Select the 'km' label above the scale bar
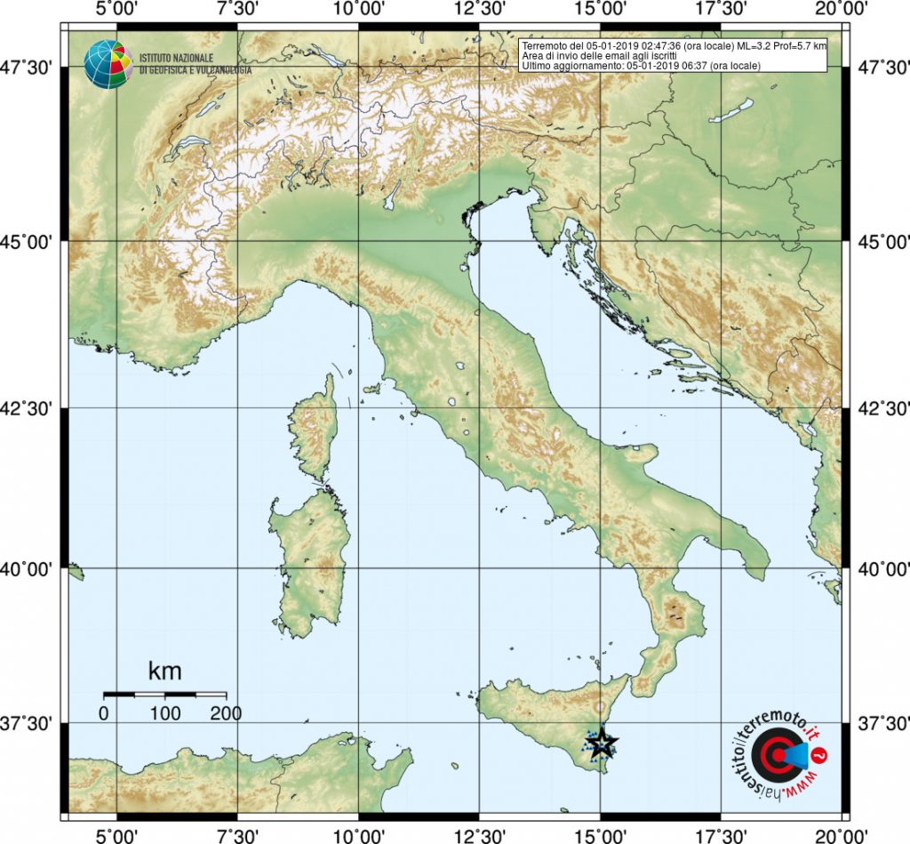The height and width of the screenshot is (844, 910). (164, 670)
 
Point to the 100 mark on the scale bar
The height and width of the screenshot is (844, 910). (165, 712)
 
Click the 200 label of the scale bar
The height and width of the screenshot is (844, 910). (225, 712)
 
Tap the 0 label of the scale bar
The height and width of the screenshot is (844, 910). (104, 712)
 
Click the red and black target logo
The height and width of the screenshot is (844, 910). (774, 757)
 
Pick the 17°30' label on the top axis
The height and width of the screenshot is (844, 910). (721, 10)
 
